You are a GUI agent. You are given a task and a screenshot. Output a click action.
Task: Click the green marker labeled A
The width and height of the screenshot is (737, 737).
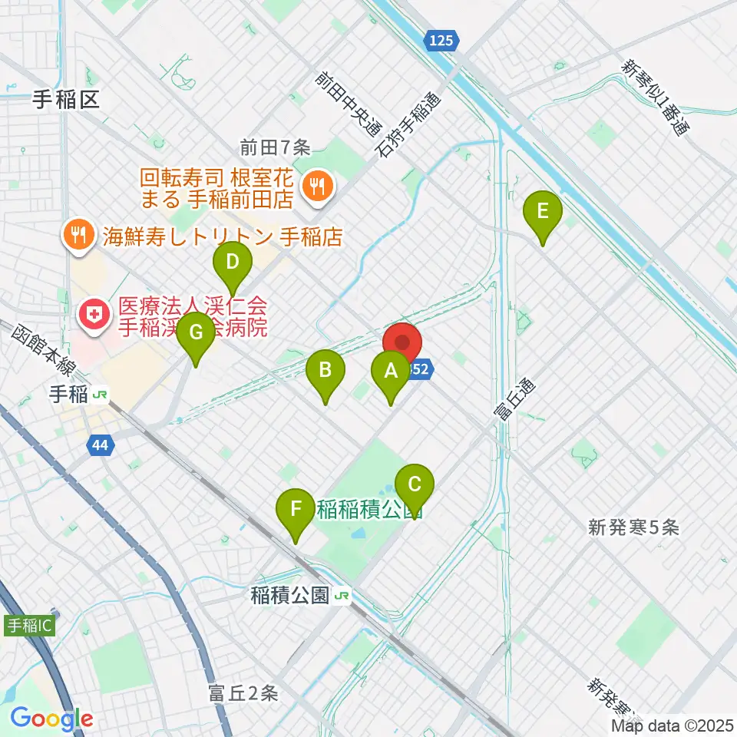click(x=390, y=372)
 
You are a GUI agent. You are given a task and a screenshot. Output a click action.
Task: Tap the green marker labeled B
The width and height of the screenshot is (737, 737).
click(x=325, y=371)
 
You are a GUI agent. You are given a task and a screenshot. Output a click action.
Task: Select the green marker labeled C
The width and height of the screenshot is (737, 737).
click(x=414, y=485)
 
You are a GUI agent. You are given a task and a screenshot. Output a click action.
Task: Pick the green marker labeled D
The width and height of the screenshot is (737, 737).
click(x=232, y=263)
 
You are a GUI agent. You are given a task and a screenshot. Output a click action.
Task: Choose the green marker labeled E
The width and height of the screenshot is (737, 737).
click(x=543, y=211)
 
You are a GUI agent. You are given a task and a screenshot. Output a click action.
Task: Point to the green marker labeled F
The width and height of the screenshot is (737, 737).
click(x=296, y=508)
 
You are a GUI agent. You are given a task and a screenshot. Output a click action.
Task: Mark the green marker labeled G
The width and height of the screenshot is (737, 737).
click(x=195, y=333)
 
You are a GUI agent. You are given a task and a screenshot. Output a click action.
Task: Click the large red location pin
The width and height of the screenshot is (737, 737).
click(x=402, y=342)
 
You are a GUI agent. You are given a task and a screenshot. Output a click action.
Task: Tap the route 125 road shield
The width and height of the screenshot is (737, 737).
click(x=441, y=41)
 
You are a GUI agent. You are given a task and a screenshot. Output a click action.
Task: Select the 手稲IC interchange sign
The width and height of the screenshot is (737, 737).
click(x=29, y=625)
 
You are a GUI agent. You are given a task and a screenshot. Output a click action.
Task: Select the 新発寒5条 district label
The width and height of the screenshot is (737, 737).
click(x=633, y=527)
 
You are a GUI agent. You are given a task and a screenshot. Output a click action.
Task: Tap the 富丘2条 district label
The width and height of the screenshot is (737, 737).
click(x=243, y=694)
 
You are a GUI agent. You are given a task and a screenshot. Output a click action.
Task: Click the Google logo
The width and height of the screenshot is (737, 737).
click(x=51, y=719)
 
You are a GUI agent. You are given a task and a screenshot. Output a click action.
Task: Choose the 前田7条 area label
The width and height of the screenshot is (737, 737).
click(x=274, y=146)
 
